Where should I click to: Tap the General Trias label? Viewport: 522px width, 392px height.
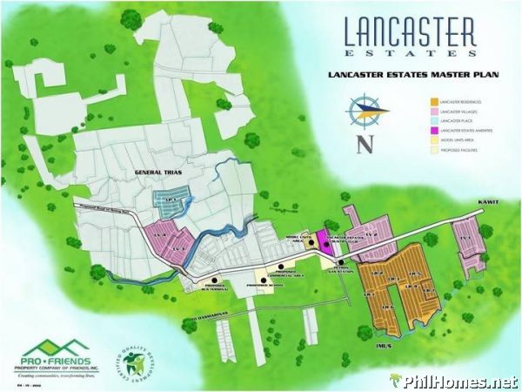click(x=156, y=174)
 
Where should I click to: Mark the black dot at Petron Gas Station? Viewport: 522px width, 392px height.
click(x=342, y=262)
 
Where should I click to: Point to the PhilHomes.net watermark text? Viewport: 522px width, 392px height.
click(x=460, y=382)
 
